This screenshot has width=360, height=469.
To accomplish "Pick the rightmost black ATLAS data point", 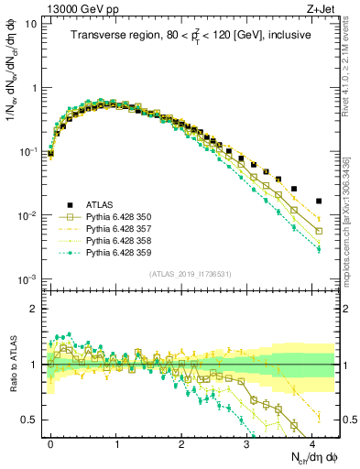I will tap(319, 201).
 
